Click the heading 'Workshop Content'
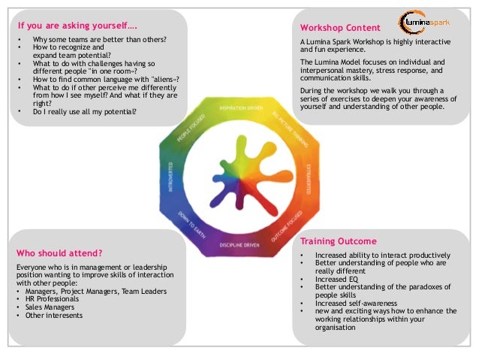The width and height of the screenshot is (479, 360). pos(336,29)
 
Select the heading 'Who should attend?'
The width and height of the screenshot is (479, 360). pos(59,253)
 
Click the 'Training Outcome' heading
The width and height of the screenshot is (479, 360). pos(338,241)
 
